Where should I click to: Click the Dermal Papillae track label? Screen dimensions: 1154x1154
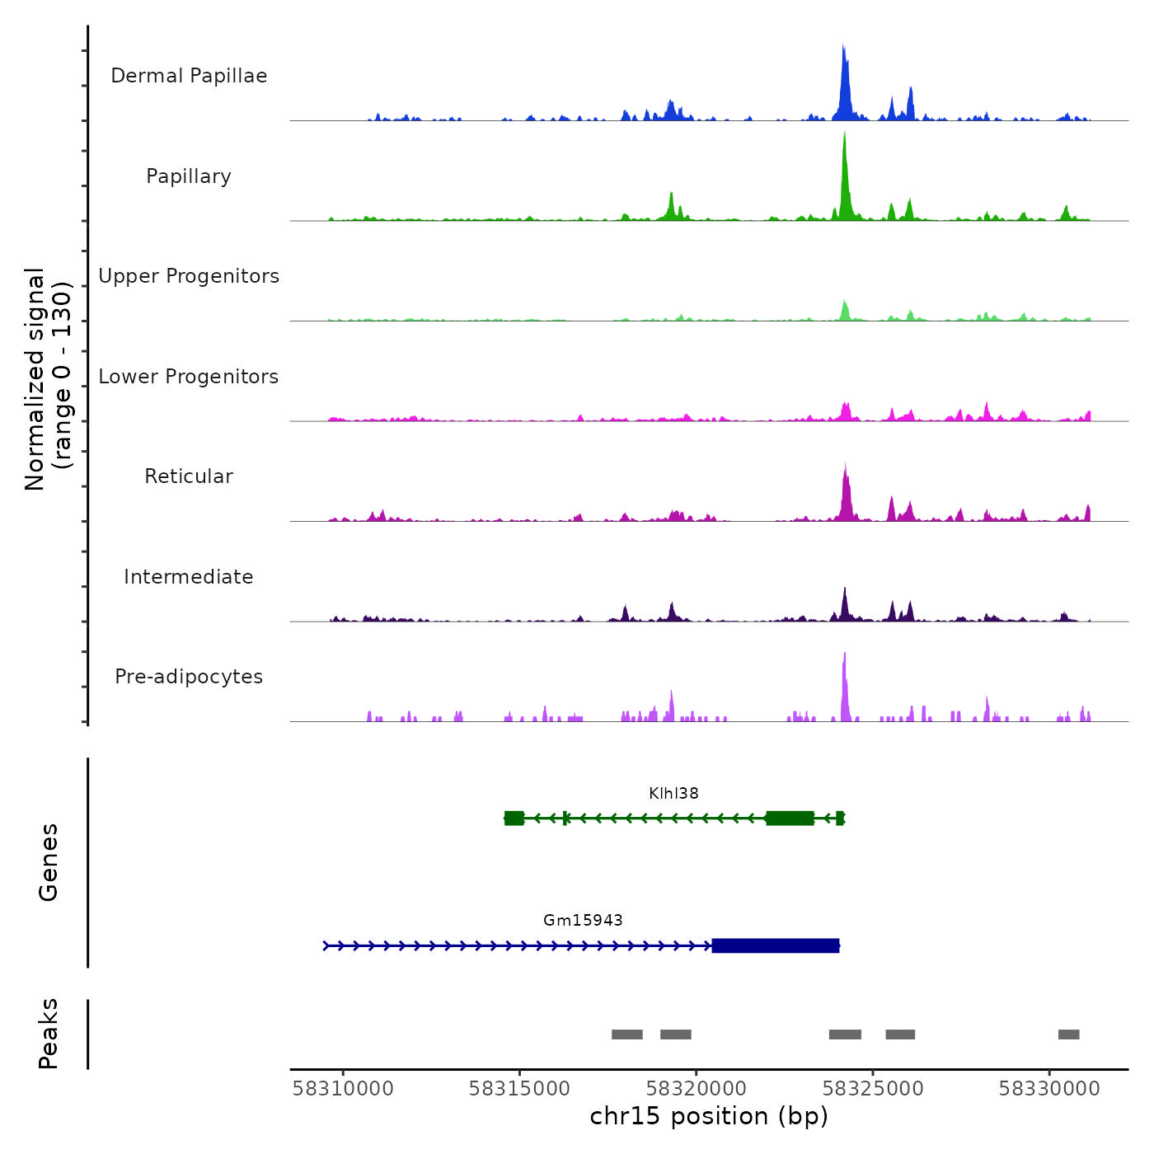[x=189, y=76]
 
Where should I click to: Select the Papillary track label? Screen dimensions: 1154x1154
[x=189, y=176]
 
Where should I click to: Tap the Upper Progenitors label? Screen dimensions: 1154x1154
[x=189, y=276]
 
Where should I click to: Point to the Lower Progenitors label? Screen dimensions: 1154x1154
[x=189, y=377]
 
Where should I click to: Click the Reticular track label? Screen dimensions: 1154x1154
[x=189, y=476]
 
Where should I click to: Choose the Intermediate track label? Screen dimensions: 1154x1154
[x=189, y=577]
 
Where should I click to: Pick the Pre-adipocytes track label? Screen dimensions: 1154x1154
[x=189, y=677]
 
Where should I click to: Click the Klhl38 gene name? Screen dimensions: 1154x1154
[x=673, y=794]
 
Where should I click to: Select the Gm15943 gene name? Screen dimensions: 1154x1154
[x=583, y=921]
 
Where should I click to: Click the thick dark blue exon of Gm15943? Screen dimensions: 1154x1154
[x=775, y=945]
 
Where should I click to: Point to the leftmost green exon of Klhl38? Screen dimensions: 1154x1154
[x=514, y=818]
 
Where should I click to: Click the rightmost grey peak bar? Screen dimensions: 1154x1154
[x=1068, y=1034]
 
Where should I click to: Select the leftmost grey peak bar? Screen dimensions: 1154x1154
[x=626, y=1034]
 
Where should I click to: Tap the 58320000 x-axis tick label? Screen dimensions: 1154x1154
[x=697, y=1089]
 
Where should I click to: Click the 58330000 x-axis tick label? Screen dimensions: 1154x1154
[x=1049, y=1089]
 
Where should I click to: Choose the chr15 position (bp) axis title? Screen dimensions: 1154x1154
[x=709, y=1116]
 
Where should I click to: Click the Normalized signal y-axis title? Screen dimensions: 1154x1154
[x=48, y=379]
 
